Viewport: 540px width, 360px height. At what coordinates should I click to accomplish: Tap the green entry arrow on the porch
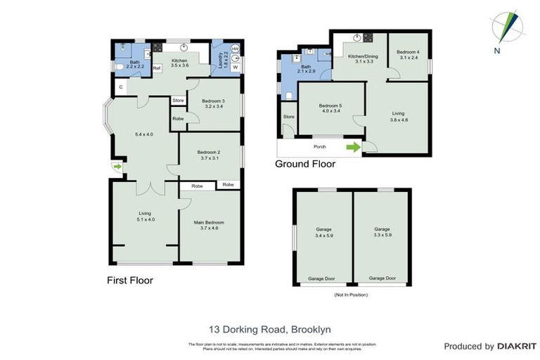click(x=353, y=147)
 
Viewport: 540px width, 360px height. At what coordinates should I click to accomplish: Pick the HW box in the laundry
click(x=236, y=49)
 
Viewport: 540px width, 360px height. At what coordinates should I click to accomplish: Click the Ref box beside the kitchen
click(x=156, y=67)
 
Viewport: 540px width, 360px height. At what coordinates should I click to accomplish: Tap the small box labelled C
click(x=121, y=86)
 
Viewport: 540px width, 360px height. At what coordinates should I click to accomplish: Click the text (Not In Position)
click(x=352, y=295)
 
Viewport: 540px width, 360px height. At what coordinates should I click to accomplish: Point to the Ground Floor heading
click(x=304, y=165)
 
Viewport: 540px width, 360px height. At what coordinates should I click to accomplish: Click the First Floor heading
click(x=129, y=281)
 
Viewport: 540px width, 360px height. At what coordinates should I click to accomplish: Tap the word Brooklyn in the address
click(x=308, y=328)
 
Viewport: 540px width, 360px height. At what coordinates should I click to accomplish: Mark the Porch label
click(x=319, y=148)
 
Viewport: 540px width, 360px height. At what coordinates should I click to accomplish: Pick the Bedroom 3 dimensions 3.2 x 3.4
click(x=214, y=106)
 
